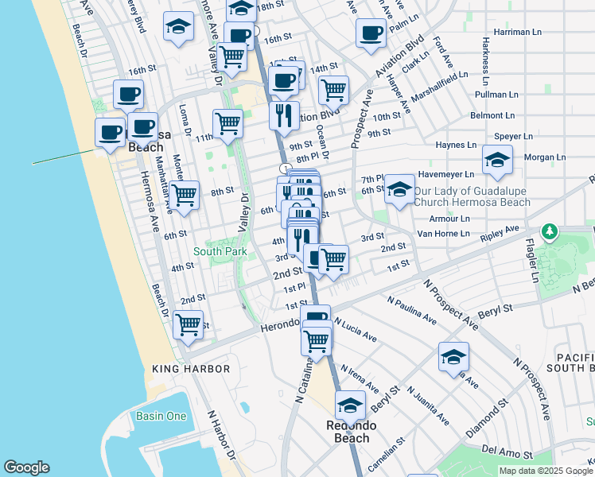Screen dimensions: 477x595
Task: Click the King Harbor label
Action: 191,369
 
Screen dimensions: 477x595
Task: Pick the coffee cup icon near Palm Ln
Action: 371,33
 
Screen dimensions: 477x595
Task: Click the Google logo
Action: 26,467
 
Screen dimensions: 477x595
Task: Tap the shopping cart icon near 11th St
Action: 227,123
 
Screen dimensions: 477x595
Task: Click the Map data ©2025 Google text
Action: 545,471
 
